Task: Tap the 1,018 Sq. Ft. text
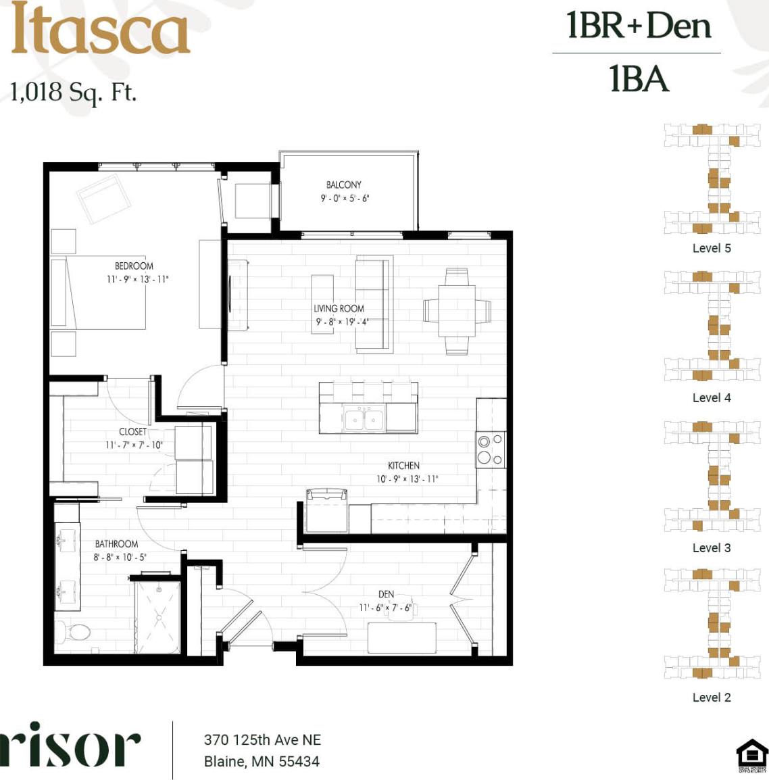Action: pyautogui.click(x=73, y=91)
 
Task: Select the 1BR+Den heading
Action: pyautogui.click(x=639, y=26)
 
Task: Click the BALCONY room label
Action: pyautogui.click(x=343, y=185)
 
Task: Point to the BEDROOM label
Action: pyautogui.click(x=134, y=266)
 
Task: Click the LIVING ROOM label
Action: pyautogui.click(x=339, y=308)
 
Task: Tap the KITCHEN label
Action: pyautogui.click(x=403, y=465)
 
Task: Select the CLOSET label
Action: pyautogui.click(x=132, y=431)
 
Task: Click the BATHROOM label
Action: pyautogui.click(x=116, y=543)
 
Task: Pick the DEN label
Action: pyautogui.click(x=386, y=594)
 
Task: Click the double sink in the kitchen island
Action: pyautogui.click(x=364, y=420)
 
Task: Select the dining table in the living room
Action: pyautogui.click(x=457, y=311)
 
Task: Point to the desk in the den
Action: pyautogui.click(x=402, y=637)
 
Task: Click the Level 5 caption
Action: pyautogui.click(x=711, y=248)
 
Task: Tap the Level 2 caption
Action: pyautogui.click(x=711, y=697)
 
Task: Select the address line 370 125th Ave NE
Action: pyautogui.click(x=262, y=739)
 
